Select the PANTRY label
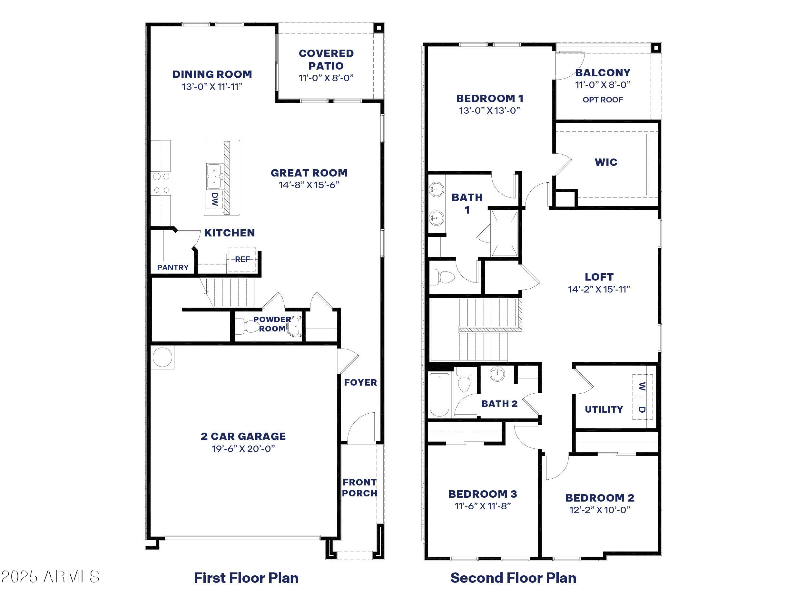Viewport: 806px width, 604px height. (x=173, y=268)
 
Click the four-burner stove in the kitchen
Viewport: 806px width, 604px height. (x=162, y=183)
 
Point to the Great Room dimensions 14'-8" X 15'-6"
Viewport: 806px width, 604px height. (x=309, y=185)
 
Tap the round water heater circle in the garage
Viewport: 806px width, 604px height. (x=162, y=357)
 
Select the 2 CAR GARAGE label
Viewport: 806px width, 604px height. (x=243, y=436)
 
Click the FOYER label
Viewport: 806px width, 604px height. (x=360, y=382)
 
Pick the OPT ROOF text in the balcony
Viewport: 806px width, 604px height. (x=603, y=100)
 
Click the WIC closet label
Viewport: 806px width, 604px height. (x=606, y=162)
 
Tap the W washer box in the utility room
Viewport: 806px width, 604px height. (x=642, y=386)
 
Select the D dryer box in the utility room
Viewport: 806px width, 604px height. (x=642, y=409)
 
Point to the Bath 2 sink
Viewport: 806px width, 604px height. (x=497, y=374)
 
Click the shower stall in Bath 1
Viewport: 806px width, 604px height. (x=504, y=233)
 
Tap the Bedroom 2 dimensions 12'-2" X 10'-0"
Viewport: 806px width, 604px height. (x=600, y=510)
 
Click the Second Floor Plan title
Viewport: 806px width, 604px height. (x=513, y=578)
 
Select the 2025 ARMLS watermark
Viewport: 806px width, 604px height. (x=50, y=577)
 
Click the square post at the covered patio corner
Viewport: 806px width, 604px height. (x=378, y=28)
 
